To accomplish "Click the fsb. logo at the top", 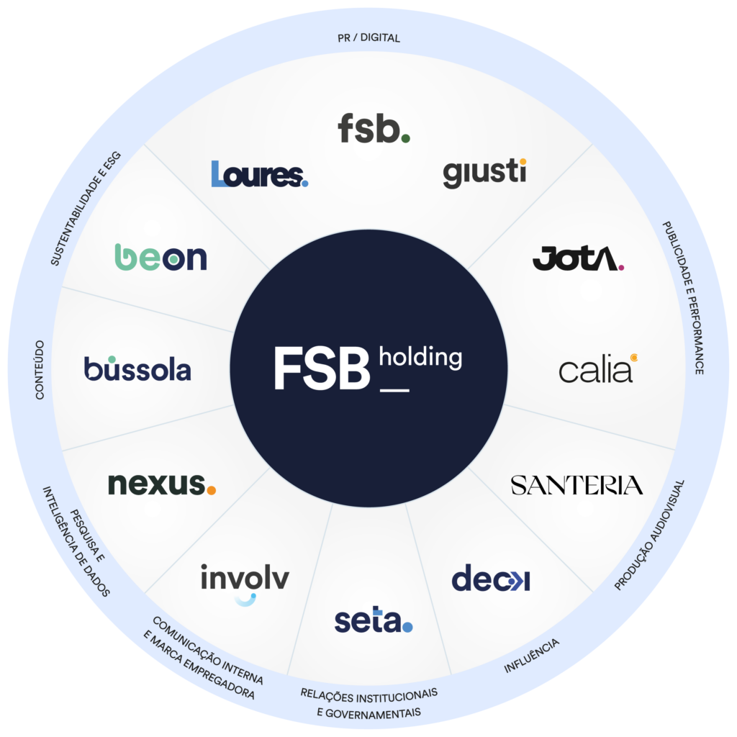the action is [x=374, y=128].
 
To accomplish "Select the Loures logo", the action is [x=259, y=174].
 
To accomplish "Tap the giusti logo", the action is [x=484, y=173].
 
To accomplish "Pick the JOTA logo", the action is [x=578, y=258].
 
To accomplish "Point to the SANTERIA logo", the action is [x=577, y=486].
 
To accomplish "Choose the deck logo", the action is [x=491, y=577].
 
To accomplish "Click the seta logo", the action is [x=374, y=619].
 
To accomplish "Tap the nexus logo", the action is [x=162, y=484].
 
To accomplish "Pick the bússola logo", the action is [x=137, y=368].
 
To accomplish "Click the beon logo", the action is [x=160, y=257].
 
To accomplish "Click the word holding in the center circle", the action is [x=420, y=357].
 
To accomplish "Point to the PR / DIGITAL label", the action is [x=369, y=37].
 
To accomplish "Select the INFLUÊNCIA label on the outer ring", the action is [x=532, y=655].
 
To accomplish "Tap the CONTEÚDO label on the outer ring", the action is [x=40, y=370].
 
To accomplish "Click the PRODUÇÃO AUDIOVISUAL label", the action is [x=649, y=535].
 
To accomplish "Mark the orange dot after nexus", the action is [x=211, y=490].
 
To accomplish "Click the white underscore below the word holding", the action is [x=394, y=390].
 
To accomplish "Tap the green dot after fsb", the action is [x=406, y=138].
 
